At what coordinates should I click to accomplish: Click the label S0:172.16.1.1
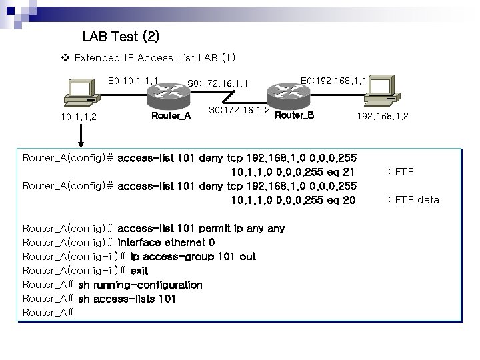tap(218, 84)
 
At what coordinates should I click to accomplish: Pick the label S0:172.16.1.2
tap(239, 110)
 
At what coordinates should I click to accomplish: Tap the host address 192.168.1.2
tap(383, 117)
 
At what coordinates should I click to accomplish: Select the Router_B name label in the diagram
tap(294, 115)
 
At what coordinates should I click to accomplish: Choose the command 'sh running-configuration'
tap(140, 285)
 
